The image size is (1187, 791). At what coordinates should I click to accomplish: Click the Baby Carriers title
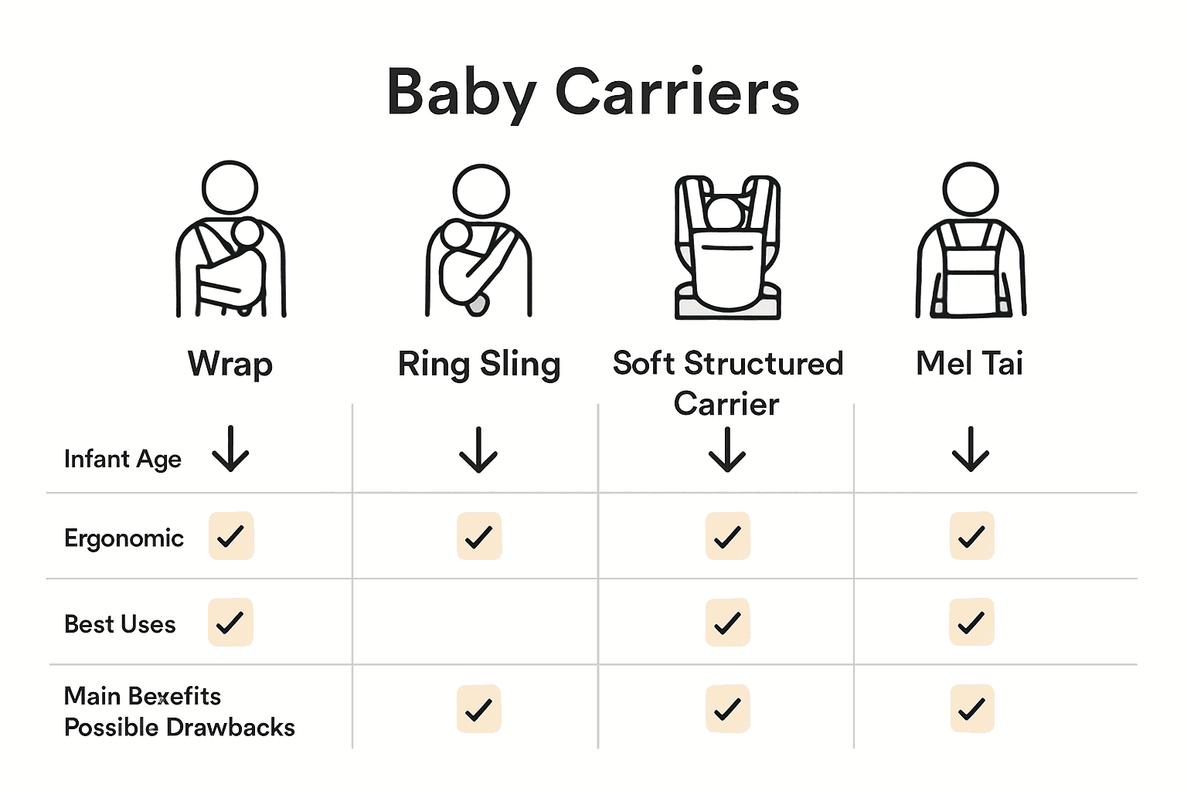(593, 93)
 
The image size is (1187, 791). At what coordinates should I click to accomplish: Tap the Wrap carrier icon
(231, 247)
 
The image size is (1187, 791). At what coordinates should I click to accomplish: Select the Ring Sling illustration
(479, 247)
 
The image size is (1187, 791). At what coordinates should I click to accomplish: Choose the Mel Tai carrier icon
(971, 247)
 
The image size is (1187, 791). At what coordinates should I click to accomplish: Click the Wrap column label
(230, 364)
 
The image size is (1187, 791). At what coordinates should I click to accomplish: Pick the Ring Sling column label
(479, 364)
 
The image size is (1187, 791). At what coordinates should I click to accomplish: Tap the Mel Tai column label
(970, 363)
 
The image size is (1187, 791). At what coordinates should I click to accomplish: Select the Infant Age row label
(123, 459)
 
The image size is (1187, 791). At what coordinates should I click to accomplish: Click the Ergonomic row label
(124, 538)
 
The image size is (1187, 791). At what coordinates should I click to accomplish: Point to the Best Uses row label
(120, 624)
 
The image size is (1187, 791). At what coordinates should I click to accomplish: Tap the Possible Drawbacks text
(179, 728)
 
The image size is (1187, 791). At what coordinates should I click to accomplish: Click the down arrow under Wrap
(230, 450)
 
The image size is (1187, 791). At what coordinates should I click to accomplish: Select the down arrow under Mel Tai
(971, 450)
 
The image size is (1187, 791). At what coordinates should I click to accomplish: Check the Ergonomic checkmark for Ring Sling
(479, 536)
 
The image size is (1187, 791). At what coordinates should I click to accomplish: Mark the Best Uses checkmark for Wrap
(230, 622)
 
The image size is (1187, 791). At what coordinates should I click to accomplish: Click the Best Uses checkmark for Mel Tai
(971, 623)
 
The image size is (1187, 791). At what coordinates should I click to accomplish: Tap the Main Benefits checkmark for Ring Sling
(479, 709)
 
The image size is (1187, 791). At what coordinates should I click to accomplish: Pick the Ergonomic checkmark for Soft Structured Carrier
(728, 536)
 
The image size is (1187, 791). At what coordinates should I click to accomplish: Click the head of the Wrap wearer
(230, 188)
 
